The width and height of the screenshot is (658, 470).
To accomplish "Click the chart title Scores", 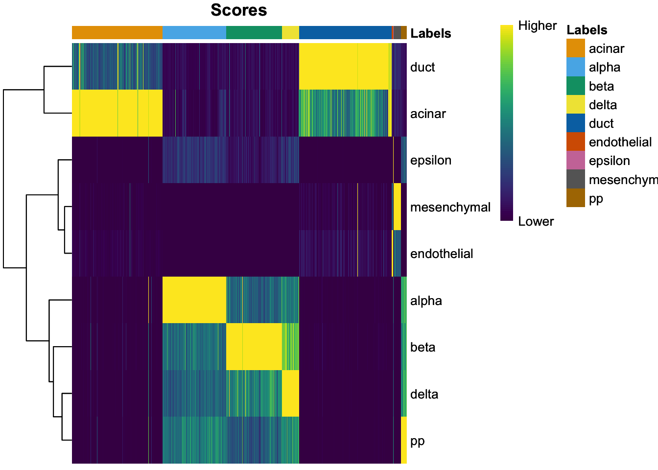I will [x=238, y=10].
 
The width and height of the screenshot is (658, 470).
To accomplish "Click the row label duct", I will [x=423, y=67].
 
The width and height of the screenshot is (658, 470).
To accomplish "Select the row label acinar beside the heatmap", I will [x=428, y=114].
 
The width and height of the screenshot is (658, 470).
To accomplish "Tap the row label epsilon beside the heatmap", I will [x=430, y=161].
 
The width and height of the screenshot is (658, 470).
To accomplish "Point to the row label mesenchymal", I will [x=450, y=207].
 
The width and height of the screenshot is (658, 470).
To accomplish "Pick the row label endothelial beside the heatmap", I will [x=441, y=254].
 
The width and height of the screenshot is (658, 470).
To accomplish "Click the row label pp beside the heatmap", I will [x=417, y=441].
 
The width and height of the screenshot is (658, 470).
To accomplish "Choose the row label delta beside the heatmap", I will [x=424, y=394].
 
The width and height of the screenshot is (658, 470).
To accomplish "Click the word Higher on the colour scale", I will [x=537, y=26].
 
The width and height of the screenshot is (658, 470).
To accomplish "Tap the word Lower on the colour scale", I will [x=536, y=221].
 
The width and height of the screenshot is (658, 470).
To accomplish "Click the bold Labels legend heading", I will [x=587, y=30].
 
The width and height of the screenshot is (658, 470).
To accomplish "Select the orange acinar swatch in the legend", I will [x=575, y=48].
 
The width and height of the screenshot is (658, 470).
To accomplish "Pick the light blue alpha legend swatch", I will [x=575, y=67].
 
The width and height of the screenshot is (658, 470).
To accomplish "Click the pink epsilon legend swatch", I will [x=575, y=161].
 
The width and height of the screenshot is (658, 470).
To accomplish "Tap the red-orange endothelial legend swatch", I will [x=575, y=142].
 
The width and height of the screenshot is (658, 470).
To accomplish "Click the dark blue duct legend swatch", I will [x=575, y=123].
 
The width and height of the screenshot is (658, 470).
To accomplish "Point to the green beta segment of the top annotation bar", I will [x=254, y=33].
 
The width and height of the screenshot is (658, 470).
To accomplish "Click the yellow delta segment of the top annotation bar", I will [x=290, y=33].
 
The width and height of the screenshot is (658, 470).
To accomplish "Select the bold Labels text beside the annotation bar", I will [x=430, y=33].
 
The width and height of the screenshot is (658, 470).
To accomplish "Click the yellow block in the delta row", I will [x=290, y=394].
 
